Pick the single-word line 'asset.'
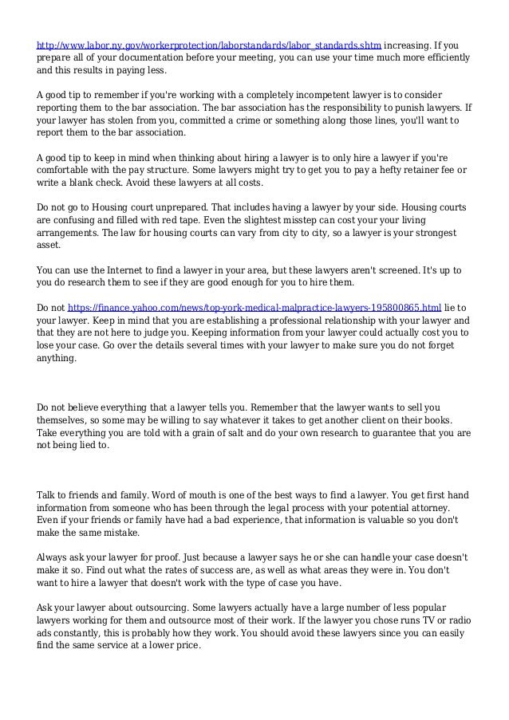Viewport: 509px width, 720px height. (x=49, y=246)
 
